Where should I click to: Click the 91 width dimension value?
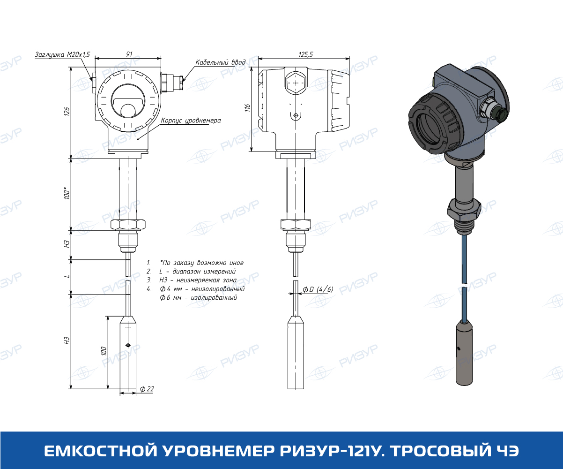pyautogui.click(x=129, y=54)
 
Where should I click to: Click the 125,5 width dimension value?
pyautogui.click(x=306, y=54)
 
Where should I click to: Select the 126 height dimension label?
pyautogui.click(x=67, y=112)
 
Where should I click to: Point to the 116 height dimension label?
pyautogui.click(x=247, y=108)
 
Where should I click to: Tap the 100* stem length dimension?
pyautogui.click(x=67, y=193)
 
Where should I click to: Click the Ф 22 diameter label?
pyautogui.click(x=147, y=389)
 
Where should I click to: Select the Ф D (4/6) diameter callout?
pyautogui.click(x=318, y=289)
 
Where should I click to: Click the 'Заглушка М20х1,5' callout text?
pyautogui.click(x=62, y=54)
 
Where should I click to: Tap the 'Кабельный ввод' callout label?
pyautogui.click(x=220, y=62)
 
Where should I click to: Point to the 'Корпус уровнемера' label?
pyautogui.click(x=191, y=121)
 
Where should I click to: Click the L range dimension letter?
pyautogui.click(x=67, y=276)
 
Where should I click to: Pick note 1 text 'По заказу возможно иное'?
pyautogui.click(x=202, y=263)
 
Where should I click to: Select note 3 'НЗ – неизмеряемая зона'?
pyautogui.click(x=198, y=280)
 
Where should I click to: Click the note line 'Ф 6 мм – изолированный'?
pyautogui.click(x=198, y=297)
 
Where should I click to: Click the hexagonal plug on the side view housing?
pyautogui.click(x=296, y=83)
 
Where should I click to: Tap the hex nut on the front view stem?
pyautogui.click(x=128, y=224)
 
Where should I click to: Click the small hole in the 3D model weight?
pyautogui.click(x=459, y=349)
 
